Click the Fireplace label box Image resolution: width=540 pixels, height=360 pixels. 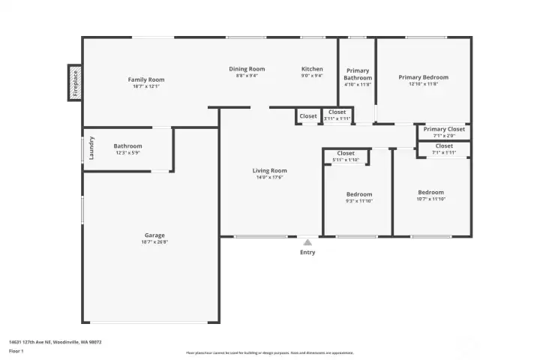coord(75,82)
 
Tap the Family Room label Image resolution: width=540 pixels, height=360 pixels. coord(145,79)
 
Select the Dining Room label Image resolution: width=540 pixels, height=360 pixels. coord(247,69)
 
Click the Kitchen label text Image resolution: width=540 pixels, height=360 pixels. coord(312,69)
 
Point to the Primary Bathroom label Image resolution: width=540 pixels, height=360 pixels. coord(358,74)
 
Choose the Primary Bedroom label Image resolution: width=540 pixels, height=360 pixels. coord(423,77)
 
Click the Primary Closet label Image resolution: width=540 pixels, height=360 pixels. coord(444,129)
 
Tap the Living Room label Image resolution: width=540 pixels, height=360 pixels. coord(269,171)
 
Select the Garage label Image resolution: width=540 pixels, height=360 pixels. coord(154,235)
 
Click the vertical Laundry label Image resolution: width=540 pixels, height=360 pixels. coord(91,147)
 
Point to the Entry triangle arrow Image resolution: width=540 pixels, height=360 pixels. coord(307,242)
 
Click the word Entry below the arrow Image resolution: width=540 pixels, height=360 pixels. coord(307,252)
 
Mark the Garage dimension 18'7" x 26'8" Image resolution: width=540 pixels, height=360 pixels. coord(154,242)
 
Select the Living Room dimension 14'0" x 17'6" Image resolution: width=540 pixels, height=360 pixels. coord(269,178)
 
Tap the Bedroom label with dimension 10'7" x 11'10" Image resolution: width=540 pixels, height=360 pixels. coord(430,192)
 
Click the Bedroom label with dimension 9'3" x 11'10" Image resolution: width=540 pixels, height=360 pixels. coord(359,194)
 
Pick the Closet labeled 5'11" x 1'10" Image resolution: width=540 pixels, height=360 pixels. coord(346,153)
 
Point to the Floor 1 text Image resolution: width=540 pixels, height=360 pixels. coord(16,350)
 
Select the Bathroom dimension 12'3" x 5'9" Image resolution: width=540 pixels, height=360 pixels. coord(127,153)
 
